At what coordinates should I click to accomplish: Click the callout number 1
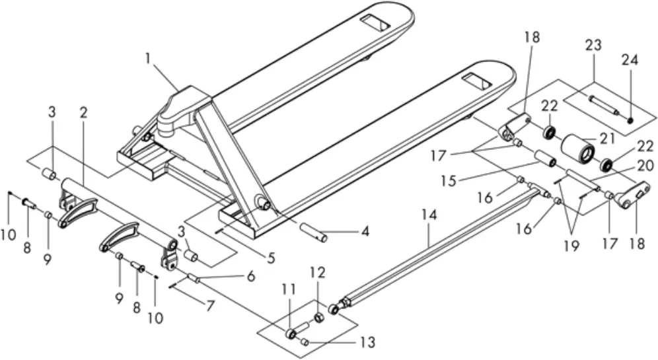click(x=150, y=59)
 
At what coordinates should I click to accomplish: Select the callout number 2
click(x=84, y=113)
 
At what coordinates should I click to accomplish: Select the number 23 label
click(x=592, y=46)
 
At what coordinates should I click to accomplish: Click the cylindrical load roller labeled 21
click(x=577, y=147)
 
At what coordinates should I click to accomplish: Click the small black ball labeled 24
click(x=630, y=120)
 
